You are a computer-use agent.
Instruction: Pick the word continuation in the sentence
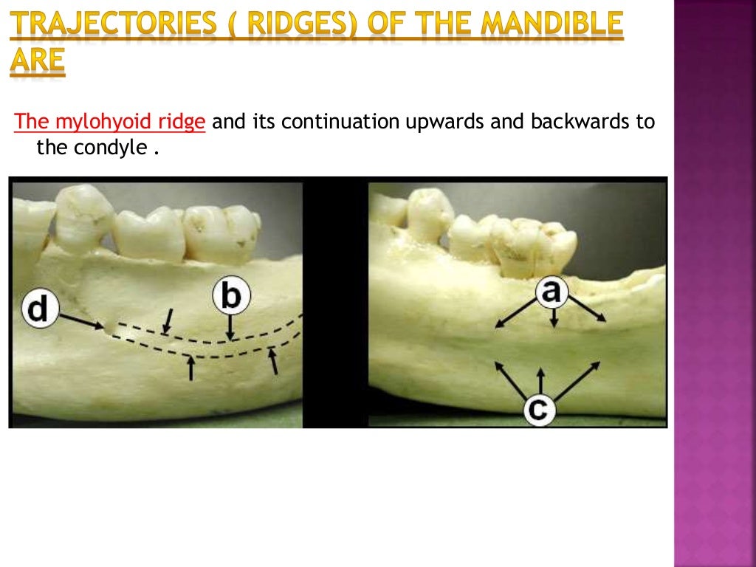[x=340, y=122]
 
